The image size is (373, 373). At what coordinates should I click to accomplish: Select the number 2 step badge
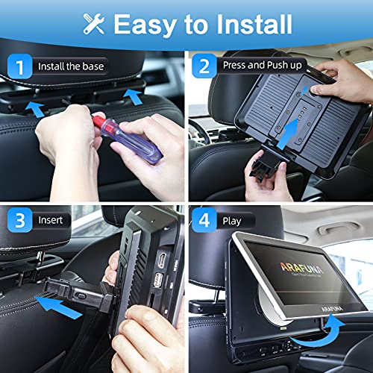(203, 66)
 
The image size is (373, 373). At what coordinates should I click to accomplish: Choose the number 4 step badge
(203, 222)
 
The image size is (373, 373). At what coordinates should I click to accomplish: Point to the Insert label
(56, 222)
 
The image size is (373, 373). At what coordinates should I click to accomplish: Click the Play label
(233, 222)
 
